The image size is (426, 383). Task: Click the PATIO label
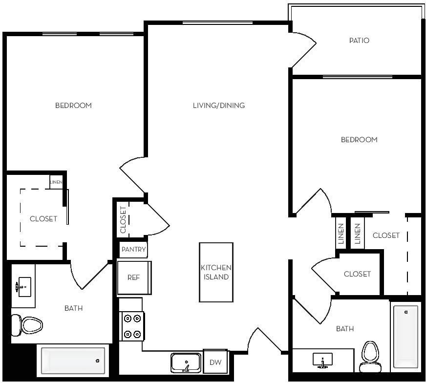pyautogui.click(x=359, y=41)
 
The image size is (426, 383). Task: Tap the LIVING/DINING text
pyautogui.click(x=218, y=105)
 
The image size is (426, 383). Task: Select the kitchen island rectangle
pyautogui.click(x=216, y=272)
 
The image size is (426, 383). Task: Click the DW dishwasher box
pyautogui.click(x=215, y=362)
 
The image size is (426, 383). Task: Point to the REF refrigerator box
pyautogui.click(x=134, y=277)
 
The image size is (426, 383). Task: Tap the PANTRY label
pyautogui.click(x=133, y=250)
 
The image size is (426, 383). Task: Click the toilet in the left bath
pyautogui.click(x=27, y=324)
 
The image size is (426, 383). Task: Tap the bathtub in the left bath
pyautogui.click(x=73, y=361)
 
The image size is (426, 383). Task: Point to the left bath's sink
pyautogui.click(x=22, y=287)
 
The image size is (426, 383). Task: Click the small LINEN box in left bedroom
pyautogui.click(x=56, y=182)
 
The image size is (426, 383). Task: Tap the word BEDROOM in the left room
pyautogui.click(x=73, y=105)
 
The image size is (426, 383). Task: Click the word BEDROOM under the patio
pyautogui.click(x=359, y=140)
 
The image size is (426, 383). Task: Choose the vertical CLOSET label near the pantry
pyautogui.click(x=123, y=220)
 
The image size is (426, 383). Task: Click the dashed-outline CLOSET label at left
pyautogui.click(x=43, y=219)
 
